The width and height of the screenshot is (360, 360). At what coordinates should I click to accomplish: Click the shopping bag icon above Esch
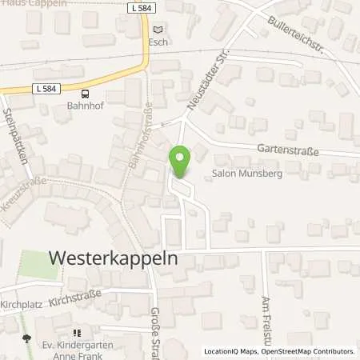[158, 29]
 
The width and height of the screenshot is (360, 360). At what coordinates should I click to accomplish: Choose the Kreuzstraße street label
[22, 194]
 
